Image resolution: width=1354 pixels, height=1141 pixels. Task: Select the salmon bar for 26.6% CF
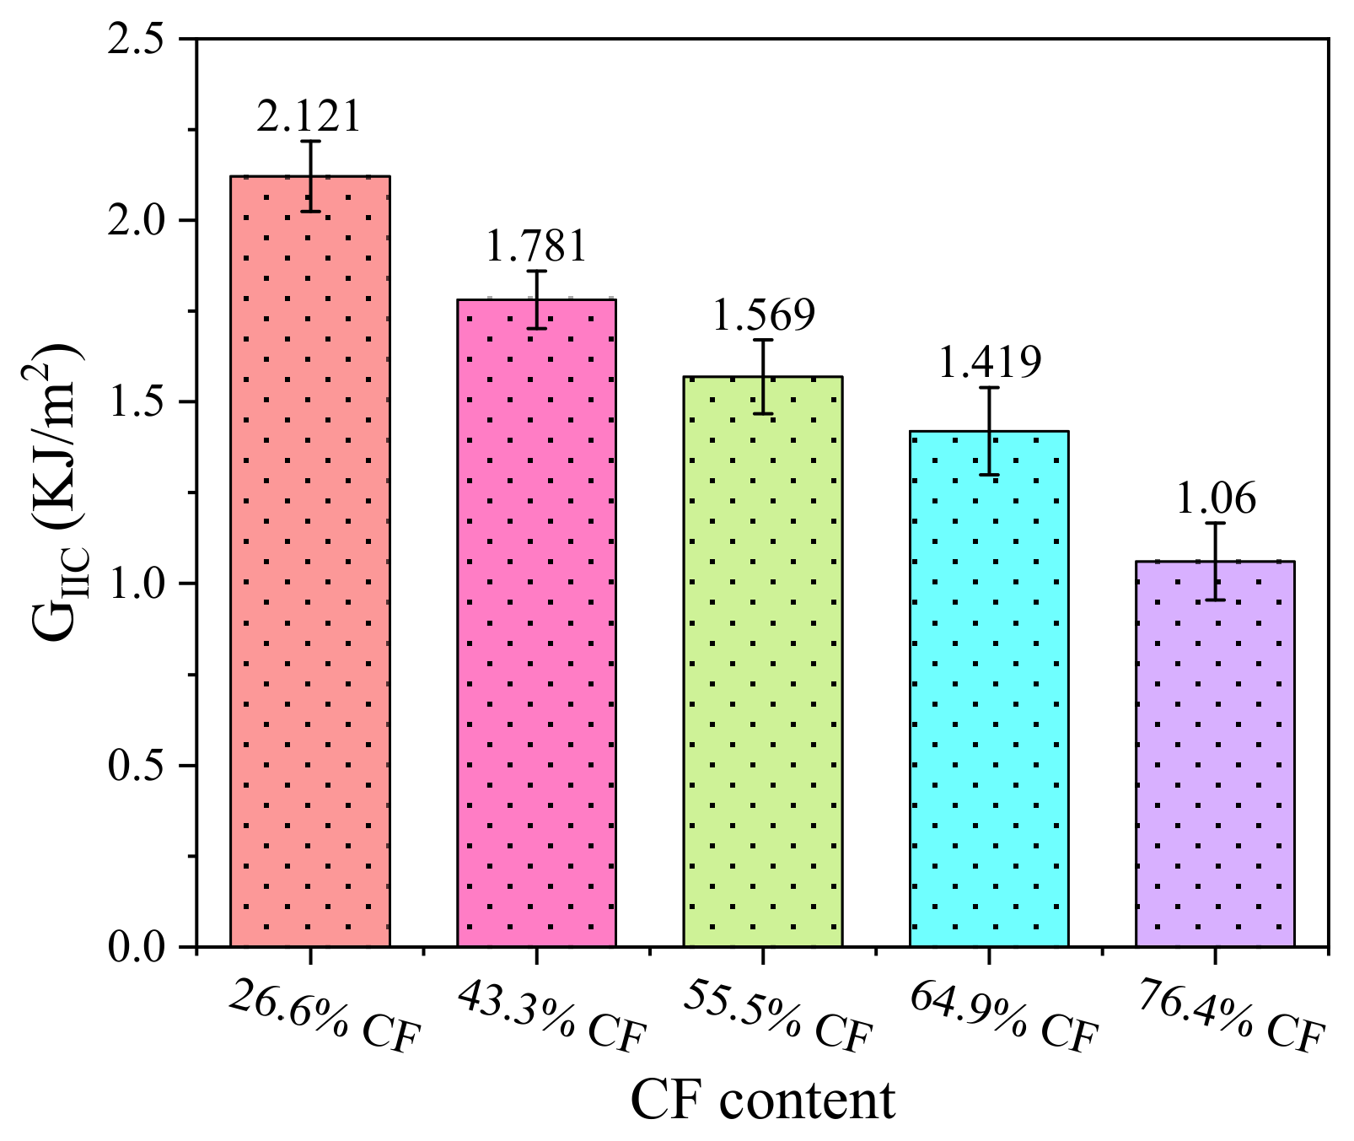coord(310,561)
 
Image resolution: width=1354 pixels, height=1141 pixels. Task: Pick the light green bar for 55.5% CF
coord(762,661)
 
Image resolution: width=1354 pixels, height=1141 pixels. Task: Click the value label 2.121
coord(309,116)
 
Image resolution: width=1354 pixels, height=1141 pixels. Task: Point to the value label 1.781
coord(535,246)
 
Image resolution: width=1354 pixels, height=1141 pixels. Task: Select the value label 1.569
coord(764,315)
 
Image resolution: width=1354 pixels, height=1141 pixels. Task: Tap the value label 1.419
coord(990,363)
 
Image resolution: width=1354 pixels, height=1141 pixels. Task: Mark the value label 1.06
coord(1215,499)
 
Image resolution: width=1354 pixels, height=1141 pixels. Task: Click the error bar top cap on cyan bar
coord(989,388)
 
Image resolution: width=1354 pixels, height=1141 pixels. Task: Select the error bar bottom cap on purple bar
coord(1215,600)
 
